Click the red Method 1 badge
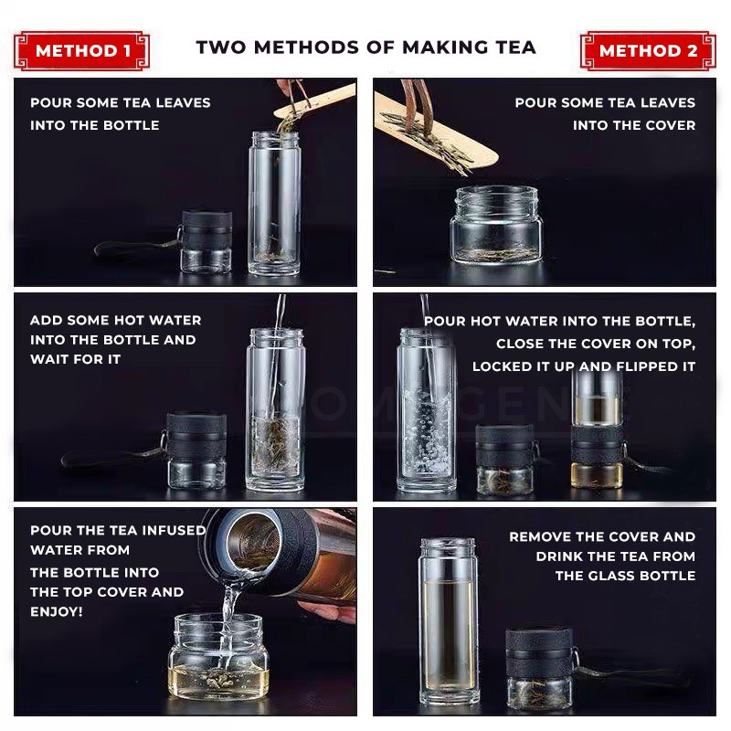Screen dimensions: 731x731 (81, 51)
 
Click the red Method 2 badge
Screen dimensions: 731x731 (648, 51)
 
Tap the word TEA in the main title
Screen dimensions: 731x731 (516, 48)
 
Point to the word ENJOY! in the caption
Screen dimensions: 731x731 (57, 611)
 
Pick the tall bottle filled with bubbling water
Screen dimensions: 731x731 (426, 410)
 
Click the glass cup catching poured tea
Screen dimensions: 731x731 (218, 656)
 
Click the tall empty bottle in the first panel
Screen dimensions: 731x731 (274, 203)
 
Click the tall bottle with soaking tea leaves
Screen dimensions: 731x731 (276, 410)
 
